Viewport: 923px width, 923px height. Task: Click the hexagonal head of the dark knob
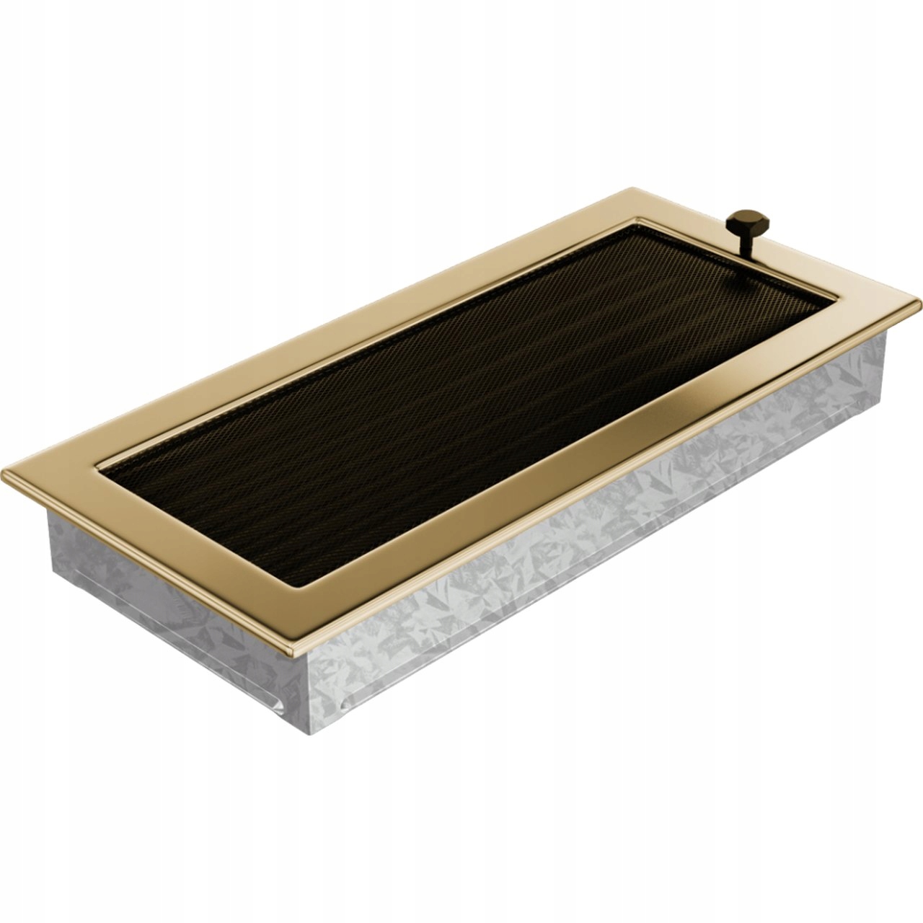741,219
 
